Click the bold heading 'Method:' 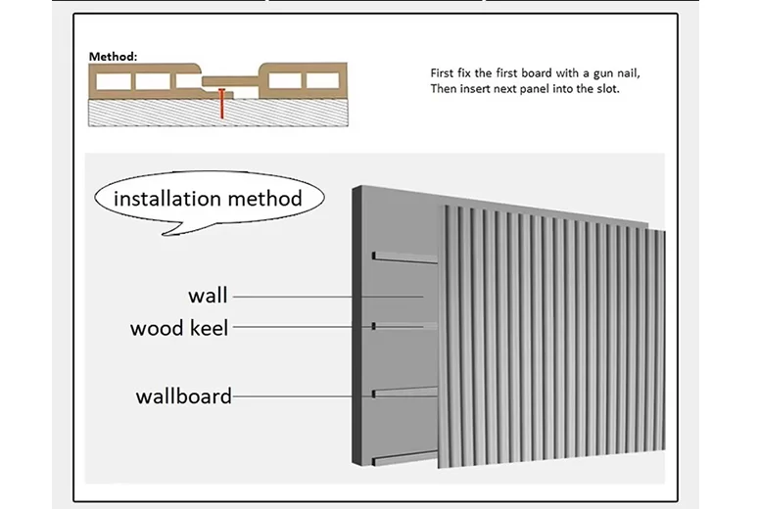point(114,56)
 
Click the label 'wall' point(208,295)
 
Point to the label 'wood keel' point(179,328)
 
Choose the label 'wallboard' point(184,396)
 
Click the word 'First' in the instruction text point(443,73)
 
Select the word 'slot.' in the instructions point(604,89)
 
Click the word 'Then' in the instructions point(444,89)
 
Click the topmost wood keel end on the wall point(374,256)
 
